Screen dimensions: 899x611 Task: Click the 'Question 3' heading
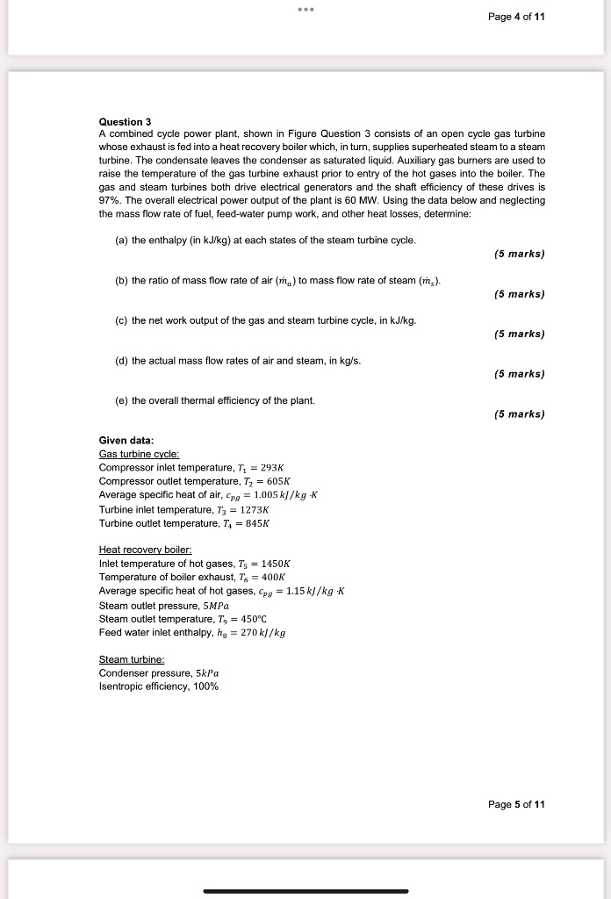[125, 121]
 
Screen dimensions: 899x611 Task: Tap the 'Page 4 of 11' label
[515, 17]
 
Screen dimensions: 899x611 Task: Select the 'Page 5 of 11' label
[515, 804]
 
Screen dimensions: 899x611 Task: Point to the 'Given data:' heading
[126, 440]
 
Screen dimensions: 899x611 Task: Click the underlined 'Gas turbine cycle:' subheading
[140, 454]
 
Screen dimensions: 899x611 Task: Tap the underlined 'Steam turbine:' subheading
[132, 658]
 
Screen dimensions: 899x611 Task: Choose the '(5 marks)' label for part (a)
[519, 254]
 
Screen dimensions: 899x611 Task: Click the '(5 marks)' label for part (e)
[519, 414]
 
